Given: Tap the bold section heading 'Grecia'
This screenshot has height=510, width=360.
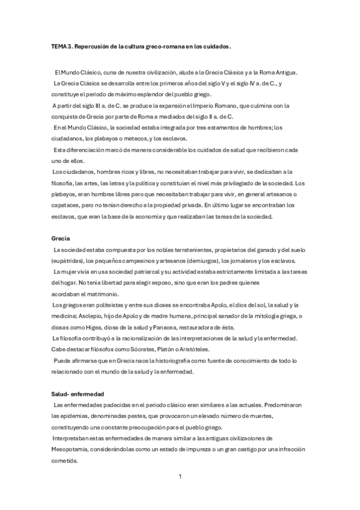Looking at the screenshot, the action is click(x=61, y=238).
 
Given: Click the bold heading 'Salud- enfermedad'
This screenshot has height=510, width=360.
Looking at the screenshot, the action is click(x=78, y=393).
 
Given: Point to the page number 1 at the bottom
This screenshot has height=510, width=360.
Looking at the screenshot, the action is click(x=180, y=477).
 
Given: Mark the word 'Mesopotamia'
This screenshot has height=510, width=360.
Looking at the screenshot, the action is click(x=72, y=449).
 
